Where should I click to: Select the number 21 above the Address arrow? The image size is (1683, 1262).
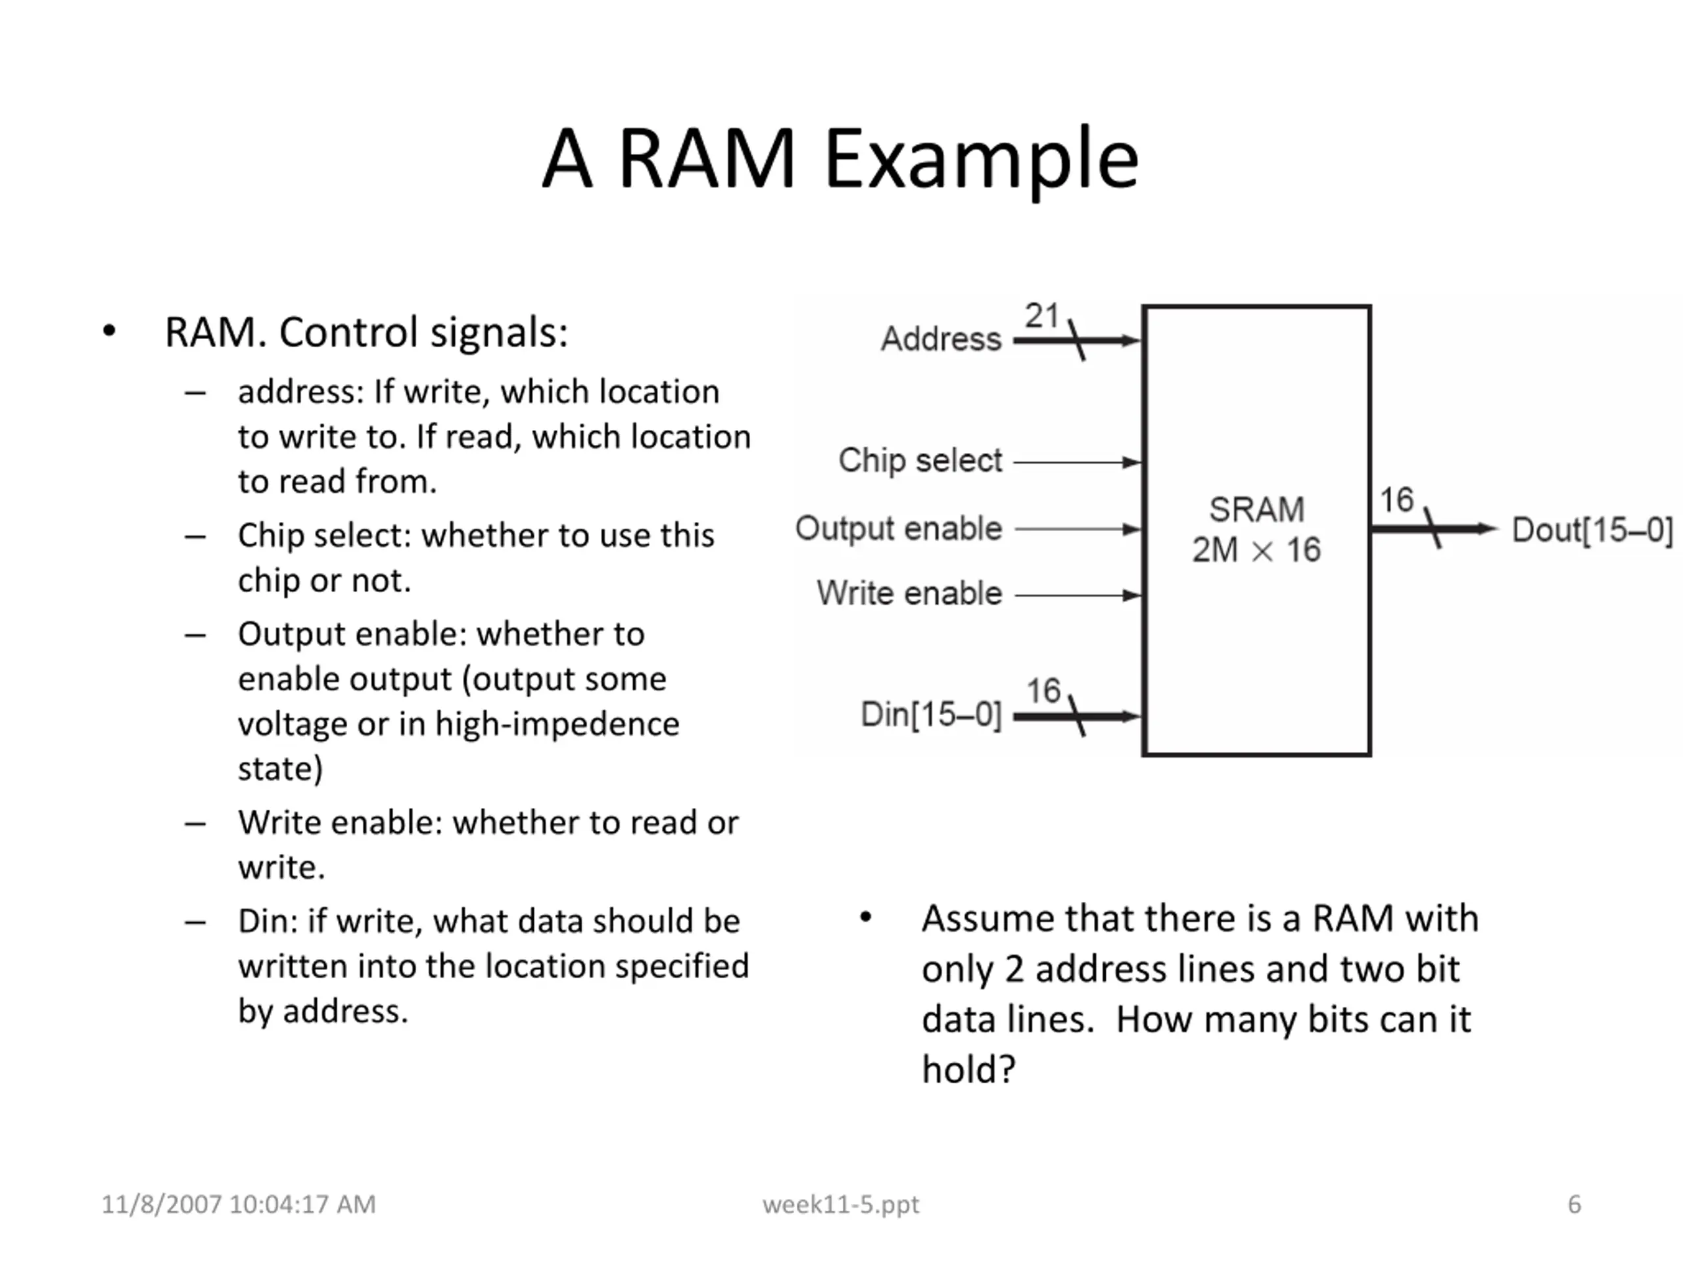1041,315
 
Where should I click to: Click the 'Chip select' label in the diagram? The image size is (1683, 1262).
920,460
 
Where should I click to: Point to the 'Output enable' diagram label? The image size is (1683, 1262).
899,528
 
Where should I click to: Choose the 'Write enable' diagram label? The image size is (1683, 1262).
909,594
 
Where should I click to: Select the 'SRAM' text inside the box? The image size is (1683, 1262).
1256,509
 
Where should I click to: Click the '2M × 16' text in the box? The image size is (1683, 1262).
1256,550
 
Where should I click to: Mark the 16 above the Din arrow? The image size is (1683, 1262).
1043,691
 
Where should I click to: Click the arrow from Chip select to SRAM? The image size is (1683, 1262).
1077,461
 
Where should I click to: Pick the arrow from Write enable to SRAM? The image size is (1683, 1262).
1078,595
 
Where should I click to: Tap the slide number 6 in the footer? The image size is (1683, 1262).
1575,1204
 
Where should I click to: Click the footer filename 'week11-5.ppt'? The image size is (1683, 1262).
841,1204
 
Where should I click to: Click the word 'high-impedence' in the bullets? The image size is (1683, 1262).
557,724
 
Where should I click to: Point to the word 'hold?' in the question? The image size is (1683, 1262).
968,1069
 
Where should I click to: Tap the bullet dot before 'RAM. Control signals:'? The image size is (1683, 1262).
110,332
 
